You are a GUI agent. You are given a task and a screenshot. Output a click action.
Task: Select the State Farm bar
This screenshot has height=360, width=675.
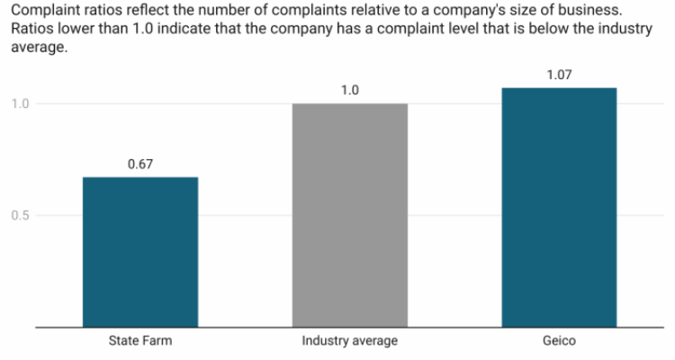140,252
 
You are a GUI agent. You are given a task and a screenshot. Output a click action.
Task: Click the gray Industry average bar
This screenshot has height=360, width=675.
349,215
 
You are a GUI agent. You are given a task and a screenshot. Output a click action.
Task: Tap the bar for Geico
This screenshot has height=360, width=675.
559,207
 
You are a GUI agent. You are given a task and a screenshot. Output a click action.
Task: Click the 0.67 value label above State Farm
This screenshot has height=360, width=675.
140,165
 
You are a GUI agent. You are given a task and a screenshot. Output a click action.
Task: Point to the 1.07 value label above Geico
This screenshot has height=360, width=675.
559,75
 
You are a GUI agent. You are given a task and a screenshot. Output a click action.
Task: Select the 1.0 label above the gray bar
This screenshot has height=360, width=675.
349,91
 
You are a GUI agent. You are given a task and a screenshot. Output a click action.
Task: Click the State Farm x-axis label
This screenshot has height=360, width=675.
140,341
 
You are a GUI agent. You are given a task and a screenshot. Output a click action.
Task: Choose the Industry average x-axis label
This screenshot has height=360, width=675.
349,341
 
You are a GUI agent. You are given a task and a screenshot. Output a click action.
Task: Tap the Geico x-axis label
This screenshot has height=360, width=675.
559,341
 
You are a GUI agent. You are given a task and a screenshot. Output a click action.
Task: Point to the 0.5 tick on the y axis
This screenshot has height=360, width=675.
20,215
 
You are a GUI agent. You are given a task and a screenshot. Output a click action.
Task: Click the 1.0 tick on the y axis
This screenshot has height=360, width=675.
20,103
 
